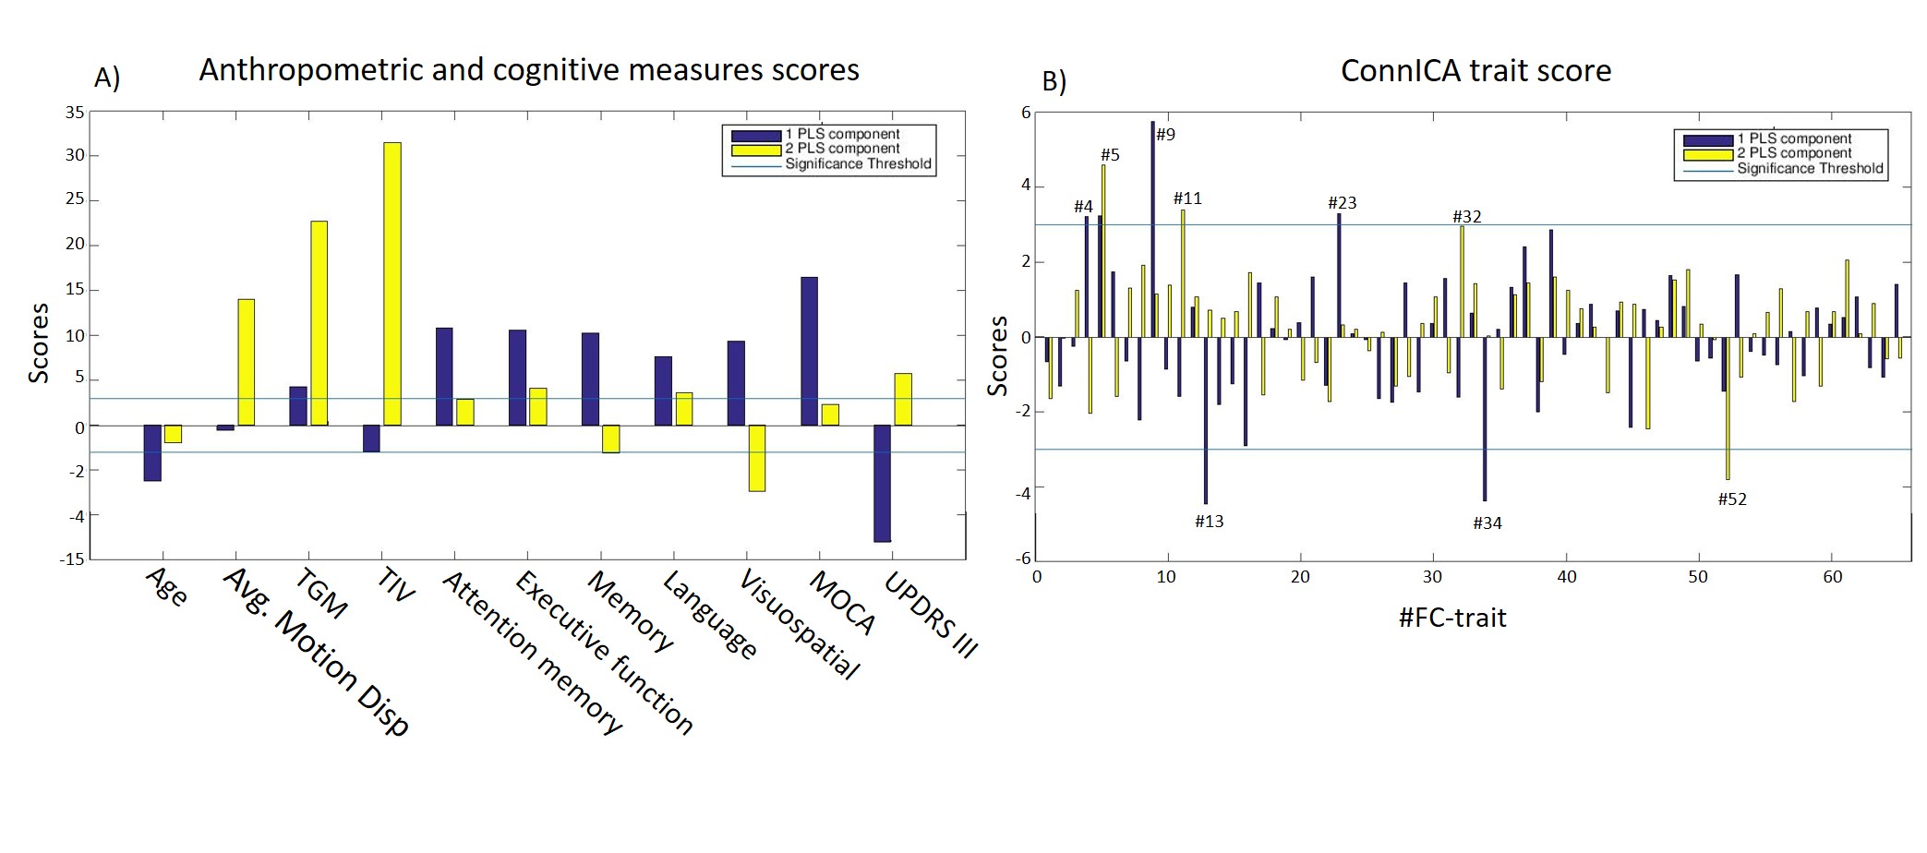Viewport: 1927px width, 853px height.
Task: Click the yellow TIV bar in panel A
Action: pyautogui.click(x=392, y=283)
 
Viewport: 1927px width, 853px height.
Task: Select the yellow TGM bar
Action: pyautogui.click(x=319, y=323)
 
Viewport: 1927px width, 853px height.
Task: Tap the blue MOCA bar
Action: pyautogui.click(x=809, y=351)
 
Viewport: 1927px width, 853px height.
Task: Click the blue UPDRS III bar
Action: pyautogui.click(x=882, y=483)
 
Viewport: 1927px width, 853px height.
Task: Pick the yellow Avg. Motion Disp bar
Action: pyautogui.click(x=246, y=362)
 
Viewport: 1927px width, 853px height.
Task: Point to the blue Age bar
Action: pyautogui.click(x=152, y=452)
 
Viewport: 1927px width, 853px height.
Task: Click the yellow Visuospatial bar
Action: pyautogui.click(x=757, y=458)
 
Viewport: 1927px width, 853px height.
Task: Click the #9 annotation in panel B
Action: pyautogui.click(x=1166, y=135)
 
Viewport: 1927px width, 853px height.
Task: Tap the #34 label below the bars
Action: pyautogui.click(x=1487, y=523)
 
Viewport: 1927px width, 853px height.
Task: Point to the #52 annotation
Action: pyautogui.click(x=1731, y=499)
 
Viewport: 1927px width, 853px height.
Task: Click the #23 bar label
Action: pyautogui.click(x=1342, y=203)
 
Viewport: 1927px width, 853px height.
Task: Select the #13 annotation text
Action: pyautogui.click(x=1209, y=522)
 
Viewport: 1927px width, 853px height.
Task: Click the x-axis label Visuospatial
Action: pyautogui.click(x=800, y=624)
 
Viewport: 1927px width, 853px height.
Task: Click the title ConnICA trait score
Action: pyautogui.click(x=1475, y=71)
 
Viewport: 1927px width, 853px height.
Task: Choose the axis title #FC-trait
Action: pyautogui.click(x=1452, y=618)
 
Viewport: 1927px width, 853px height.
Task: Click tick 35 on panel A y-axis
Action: pyautogui.click(x=74, y=113)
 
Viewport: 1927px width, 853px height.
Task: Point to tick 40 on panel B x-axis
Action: pyautogui.click(x=1566, y=577)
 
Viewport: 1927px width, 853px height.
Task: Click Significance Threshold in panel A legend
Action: pyautogui.click(x=858, y=164)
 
